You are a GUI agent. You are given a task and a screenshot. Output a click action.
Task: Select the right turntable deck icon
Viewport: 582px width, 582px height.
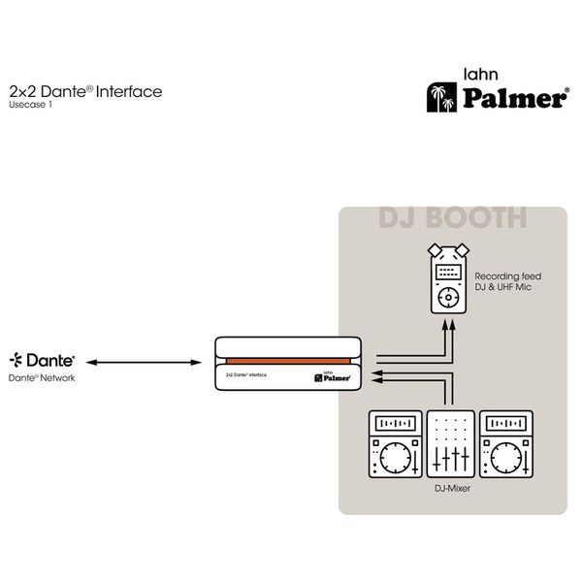click(507, 445)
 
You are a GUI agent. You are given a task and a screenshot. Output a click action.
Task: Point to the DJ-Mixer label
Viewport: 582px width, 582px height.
click(452, 489)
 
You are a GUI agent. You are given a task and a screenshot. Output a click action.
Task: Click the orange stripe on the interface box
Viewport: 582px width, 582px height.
click(287, 361)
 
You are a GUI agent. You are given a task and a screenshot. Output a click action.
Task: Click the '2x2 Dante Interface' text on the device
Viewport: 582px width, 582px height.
click(248, 372)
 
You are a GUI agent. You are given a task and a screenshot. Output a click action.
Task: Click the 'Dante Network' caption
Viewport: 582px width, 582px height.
click(42, 378)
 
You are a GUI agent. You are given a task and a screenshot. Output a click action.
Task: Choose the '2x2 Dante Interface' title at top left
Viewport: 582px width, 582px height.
click(84, 92)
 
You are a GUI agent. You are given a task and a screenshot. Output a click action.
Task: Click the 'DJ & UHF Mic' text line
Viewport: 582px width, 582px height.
click(502, 289)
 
